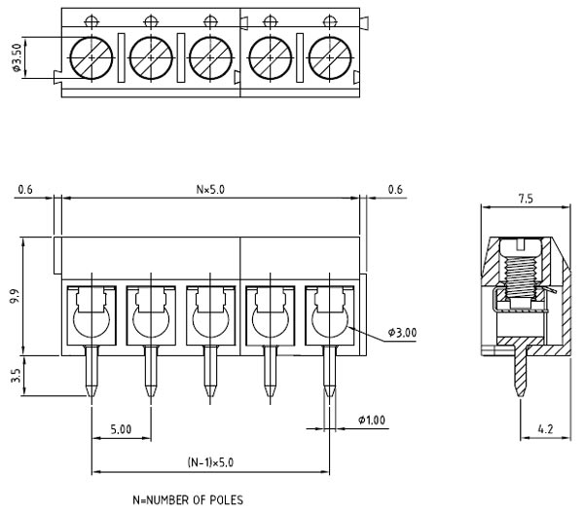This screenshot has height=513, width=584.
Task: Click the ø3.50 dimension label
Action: pyautogui.click(x=17, y=60)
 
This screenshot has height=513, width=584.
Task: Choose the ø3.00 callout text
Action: pyautogui.click(x=402, y=332)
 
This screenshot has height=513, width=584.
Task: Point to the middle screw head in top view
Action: pyautogui.click(x=210, y=58)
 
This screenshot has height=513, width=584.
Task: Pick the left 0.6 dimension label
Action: pyautogui.click(x=25, y=189)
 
